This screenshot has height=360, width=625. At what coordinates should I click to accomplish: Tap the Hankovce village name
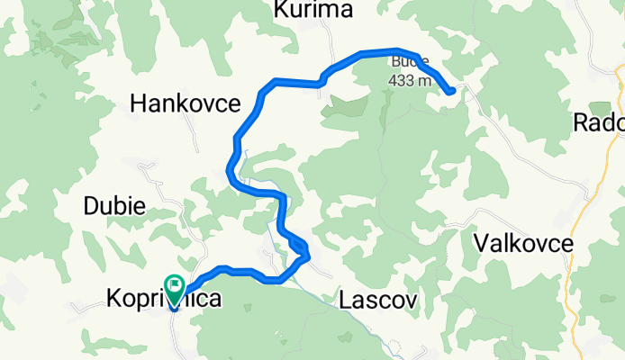(185, 104)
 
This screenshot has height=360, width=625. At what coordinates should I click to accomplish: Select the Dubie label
(114, 205)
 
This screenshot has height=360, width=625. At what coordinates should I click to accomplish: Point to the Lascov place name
(378, 301)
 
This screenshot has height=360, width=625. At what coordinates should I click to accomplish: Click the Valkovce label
(523, 244)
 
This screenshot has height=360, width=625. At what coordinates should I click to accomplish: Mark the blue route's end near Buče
(449, 91)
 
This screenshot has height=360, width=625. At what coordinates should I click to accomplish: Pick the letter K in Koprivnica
(113, 298)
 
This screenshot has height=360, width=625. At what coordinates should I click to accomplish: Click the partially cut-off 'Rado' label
(599, 123)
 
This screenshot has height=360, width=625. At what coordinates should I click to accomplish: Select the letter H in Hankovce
(138, 104)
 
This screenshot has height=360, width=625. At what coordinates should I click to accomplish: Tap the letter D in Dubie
(90, 205)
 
